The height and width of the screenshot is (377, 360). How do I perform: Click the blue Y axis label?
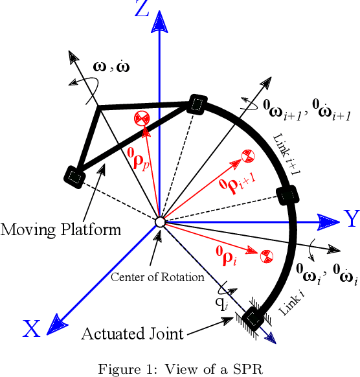[351, 220]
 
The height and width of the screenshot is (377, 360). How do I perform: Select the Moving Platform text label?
[61, 230]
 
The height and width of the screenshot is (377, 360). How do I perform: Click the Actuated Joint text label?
[131, 334]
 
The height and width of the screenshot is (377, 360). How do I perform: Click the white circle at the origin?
[160, 222]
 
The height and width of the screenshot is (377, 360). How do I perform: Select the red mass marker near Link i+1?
[246, 155]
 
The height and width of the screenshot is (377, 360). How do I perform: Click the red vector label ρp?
[142, 159]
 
